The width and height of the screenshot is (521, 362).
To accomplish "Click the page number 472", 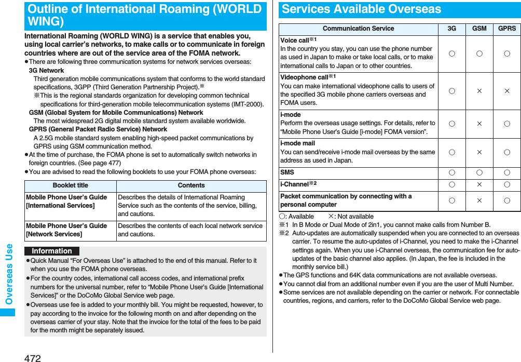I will point(32,357).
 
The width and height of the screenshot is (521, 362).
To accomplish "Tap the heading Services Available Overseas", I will point(361,9).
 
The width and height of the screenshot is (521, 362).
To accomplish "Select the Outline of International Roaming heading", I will point(145,16).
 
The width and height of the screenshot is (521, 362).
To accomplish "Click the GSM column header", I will point(479,29).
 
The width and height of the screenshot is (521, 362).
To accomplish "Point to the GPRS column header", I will point(506,29).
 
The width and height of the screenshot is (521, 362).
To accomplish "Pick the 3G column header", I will point(451,29).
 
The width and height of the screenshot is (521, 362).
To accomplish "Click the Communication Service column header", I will point(358,29).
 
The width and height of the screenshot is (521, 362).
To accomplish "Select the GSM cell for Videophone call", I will point(479,91).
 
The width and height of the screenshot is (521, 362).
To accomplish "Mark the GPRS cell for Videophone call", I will point(506,91).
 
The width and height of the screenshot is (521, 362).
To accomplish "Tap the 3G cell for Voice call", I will point(451,53).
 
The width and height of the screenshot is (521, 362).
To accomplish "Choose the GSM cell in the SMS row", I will point(479,172).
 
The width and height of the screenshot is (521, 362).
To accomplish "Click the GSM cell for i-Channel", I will point(479,184).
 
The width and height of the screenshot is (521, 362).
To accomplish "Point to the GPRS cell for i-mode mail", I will point(506,152).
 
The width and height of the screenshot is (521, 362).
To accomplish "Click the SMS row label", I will point(287,172).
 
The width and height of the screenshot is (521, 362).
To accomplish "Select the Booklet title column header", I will point(71,185).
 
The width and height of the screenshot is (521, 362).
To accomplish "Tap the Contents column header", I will point(191,185).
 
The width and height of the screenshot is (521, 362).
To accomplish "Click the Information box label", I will point(52,251).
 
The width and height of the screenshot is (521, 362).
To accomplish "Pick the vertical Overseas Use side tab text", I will point(9,274).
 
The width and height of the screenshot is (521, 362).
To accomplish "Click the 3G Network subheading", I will point(46,71).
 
